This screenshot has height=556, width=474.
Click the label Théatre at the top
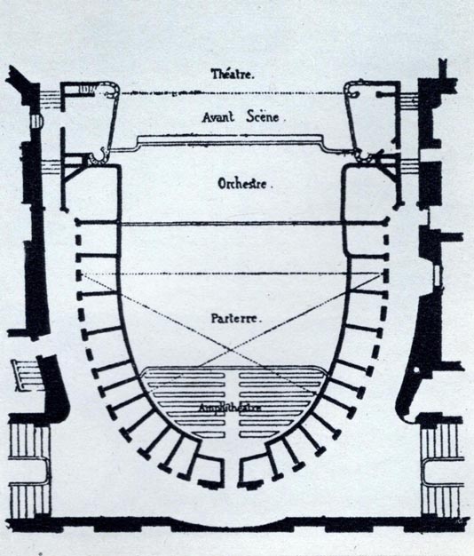click(x=233, y=74)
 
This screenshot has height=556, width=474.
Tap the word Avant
click(x=218, y=116)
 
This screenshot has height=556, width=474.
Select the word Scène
click(x=263, y=116)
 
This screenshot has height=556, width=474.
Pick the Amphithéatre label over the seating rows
click(x=230, y=408)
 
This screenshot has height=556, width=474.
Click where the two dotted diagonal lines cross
click(x=231, y=350)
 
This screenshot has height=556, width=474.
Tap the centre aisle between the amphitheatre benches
click(x=232, y=404)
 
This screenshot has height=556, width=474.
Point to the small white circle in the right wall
click(x=416, y=370)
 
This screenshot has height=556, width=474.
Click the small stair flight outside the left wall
click(x=27, y=376)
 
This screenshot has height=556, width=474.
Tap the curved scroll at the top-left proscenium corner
click(x=113, y=91)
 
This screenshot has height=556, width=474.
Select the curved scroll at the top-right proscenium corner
click(x=352, y=91)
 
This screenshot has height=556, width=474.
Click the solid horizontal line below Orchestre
click(x=231, y=223)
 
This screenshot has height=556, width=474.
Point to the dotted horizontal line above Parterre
click(x=232, y=274)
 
